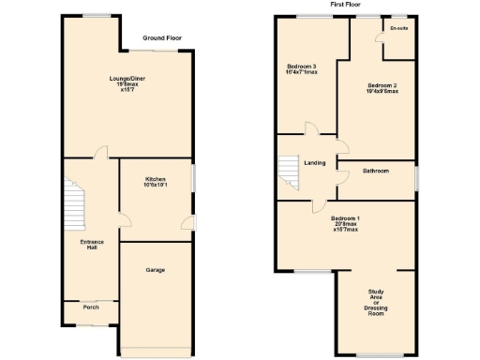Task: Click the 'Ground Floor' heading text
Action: coord(162,38)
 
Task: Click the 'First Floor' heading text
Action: coord(346,5)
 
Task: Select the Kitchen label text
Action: coord(155,179)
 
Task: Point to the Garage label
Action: coord(155,270)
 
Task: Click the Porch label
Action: coord(91,307)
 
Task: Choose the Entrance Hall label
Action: coord(91,245)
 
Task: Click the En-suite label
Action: coord(399,28)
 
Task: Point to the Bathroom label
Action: coord(376,171)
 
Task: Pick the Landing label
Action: coord(315,163)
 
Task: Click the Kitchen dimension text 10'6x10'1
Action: coord(155,186)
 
